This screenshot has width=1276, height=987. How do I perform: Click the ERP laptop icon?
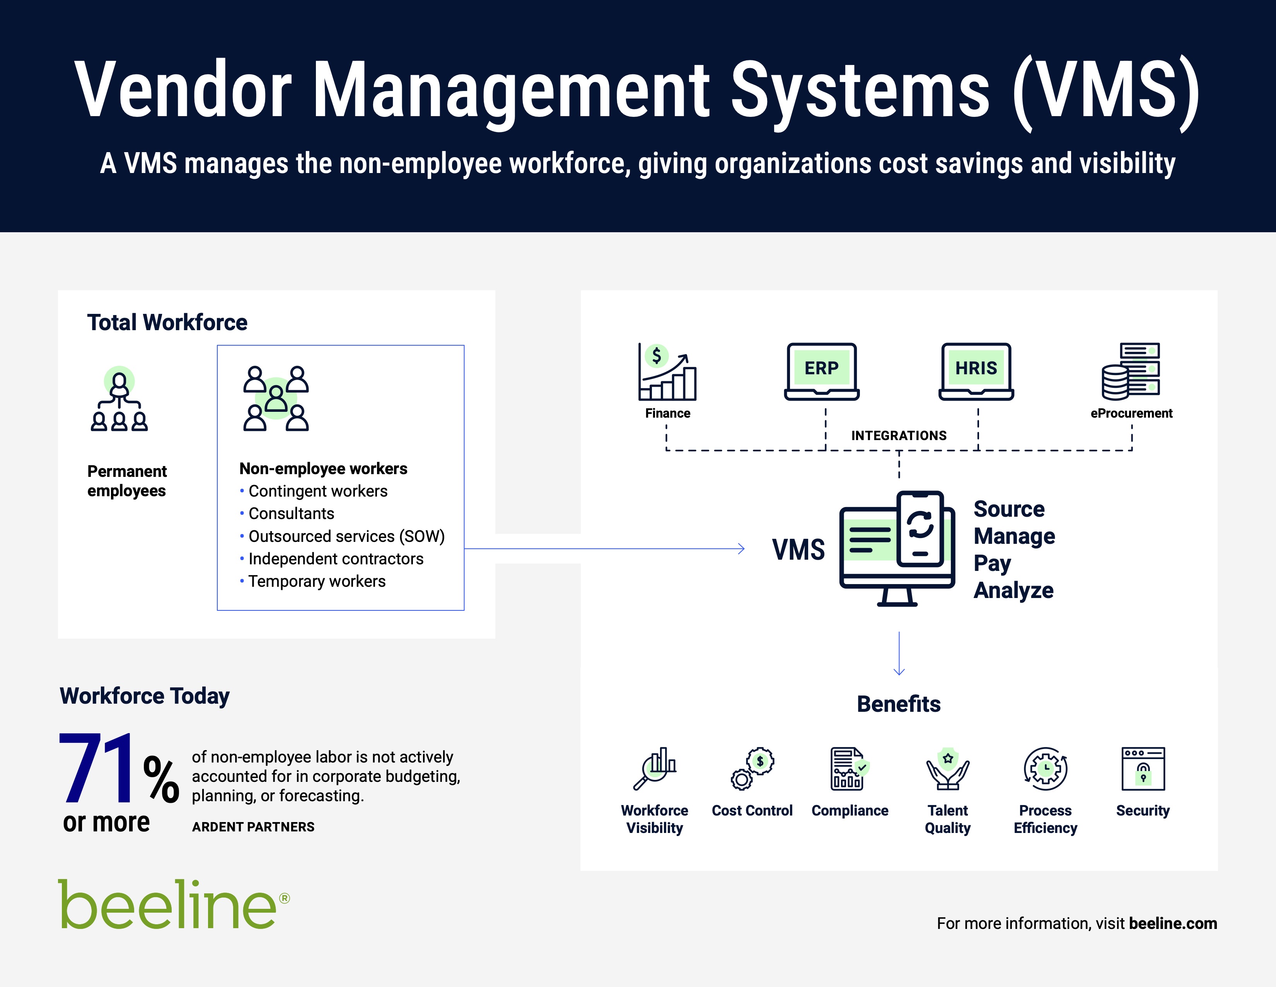point(821,371)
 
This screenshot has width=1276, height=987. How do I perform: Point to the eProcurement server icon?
point(1131,371)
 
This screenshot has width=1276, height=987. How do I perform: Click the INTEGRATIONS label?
point(899,435)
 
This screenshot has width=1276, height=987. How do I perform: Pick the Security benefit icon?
point(1143,768)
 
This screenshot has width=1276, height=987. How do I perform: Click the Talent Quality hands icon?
point(948,768)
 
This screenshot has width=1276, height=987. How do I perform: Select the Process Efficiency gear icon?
point(1045,768)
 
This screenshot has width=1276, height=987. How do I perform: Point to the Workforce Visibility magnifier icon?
point(655,768)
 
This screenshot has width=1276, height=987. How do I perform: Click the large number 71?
point(97,768)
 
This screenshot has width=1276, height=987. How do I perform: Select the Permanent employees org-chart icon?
point(119,399)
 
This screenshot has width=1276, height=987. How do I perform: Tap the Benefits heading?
point(899,704)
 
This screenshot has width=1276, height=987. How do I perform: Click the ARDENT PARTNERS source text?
point(253,827)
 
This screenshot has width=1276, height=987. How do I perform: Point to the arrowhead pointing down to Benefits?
point(899,672)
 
